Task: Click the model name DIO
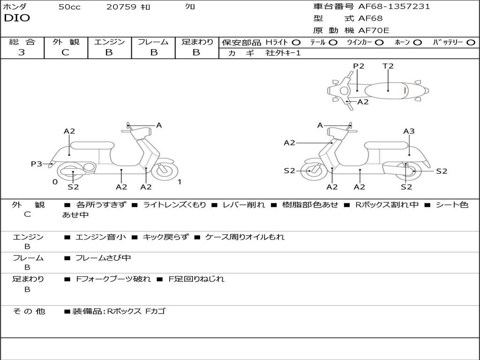pos(17,18)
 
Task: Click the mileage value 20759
pos(121,7)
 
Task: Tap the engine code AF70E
pos(374,30)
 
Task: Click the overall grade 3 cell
pos(22,52)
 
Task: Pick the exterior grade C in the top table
pos(66,52)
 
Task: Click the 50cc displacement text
pos(69,7)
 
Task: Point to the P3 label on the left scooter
pos(37,164)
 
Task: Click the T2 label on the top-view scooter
pos(388,66)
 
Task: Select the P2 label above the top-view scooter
pos(359,66)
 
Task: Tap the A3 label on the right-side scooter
pos(409,131)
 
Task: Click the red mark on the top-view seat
pos(405,90)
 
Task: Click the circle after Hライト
pos(296,42)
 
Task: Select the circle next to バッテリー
pos(471,42)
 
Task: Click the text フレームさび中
pos(103,258)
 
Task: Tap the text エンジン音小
pos(101,237)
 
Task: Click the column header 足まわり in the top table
pos(197,42)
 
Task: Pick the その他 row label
pos(29,311)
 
